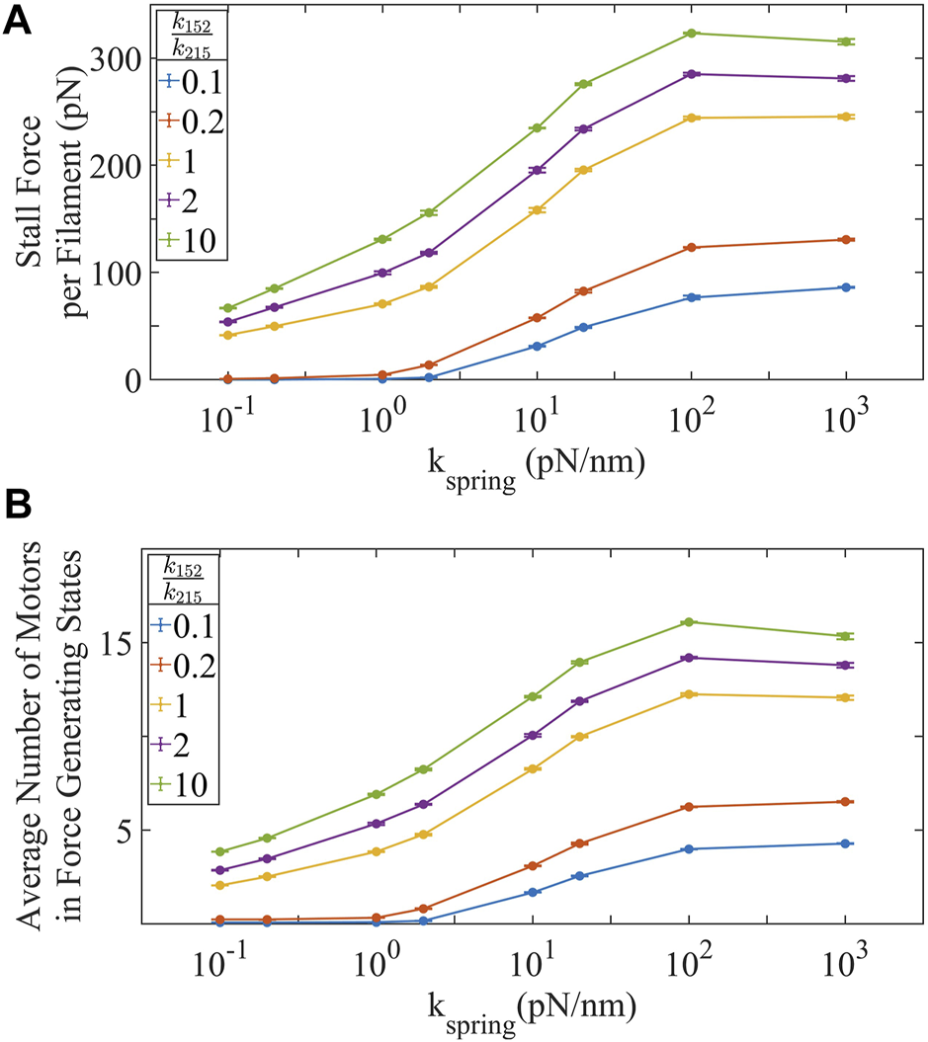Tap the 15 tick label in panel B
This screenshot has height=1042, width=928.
pos(124,642)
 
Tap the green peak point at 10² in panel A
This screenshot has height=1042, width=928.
pos(691,34)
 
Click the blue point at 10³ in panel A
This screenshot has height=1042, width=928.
pos(846,287)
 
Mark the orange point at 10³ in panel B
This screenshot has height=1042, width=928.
pos(846,802)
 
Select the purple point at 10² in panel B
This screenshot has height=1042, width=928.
pos(691,658)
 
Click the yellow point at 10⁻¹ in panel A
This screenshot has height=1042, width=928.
pos(227,336)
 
